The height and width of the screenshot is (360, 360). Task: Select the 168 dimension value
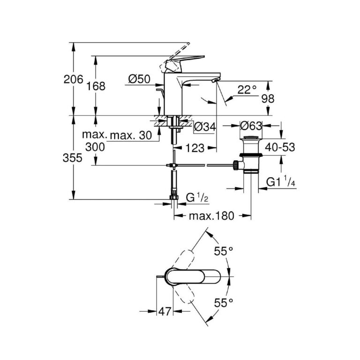point(96,86)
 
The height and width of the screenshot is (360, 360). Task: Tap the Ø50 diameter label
point(139,80)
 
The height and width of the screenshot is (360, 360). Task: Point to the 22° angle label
point(247,90)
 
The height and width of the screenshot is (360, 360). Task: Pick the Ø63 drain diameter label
point(250,126)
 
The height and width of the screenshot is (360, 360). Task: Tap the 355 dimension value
point(73,158)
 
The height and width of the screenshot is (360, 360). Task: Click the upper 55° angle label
point(224,251)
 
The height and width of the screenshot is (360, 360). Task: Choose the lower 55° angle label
point(224,304)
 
